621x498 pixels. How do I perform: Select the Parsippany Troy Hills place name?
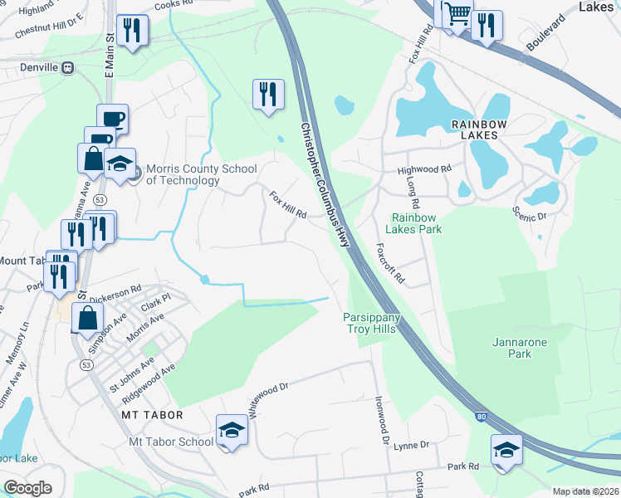click(x=373, y=323)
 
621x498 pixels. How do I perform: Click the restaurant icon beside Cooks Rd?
click(x=132, y=31)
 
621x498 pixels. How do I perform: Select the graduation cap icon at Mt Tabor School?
click(x=232, y=430)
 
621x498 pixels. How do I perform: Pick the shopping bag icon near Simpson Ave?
click(x=88, y=317)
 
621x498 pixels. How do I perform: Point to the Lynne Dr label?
click(x=412, y=446)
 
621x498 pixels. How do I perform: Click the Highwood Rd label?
click(x=424, y=169)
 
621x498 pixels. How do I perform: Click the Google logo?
click(x=27, y=489)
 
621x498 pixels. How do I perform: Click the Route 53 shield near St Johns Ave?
click(x=86, y=365)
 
